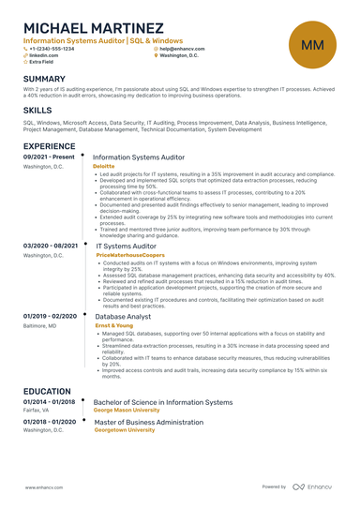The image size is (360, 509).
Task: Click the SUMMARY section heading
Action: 44,79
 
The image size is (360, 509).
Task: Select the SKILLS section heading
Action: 37,110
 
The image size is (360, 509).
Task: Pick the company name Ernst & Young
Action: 115,325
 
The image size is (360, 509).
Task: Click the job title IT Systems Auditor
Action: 126,247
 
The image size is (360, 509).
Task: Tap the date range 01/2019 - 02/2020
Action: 51,317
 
